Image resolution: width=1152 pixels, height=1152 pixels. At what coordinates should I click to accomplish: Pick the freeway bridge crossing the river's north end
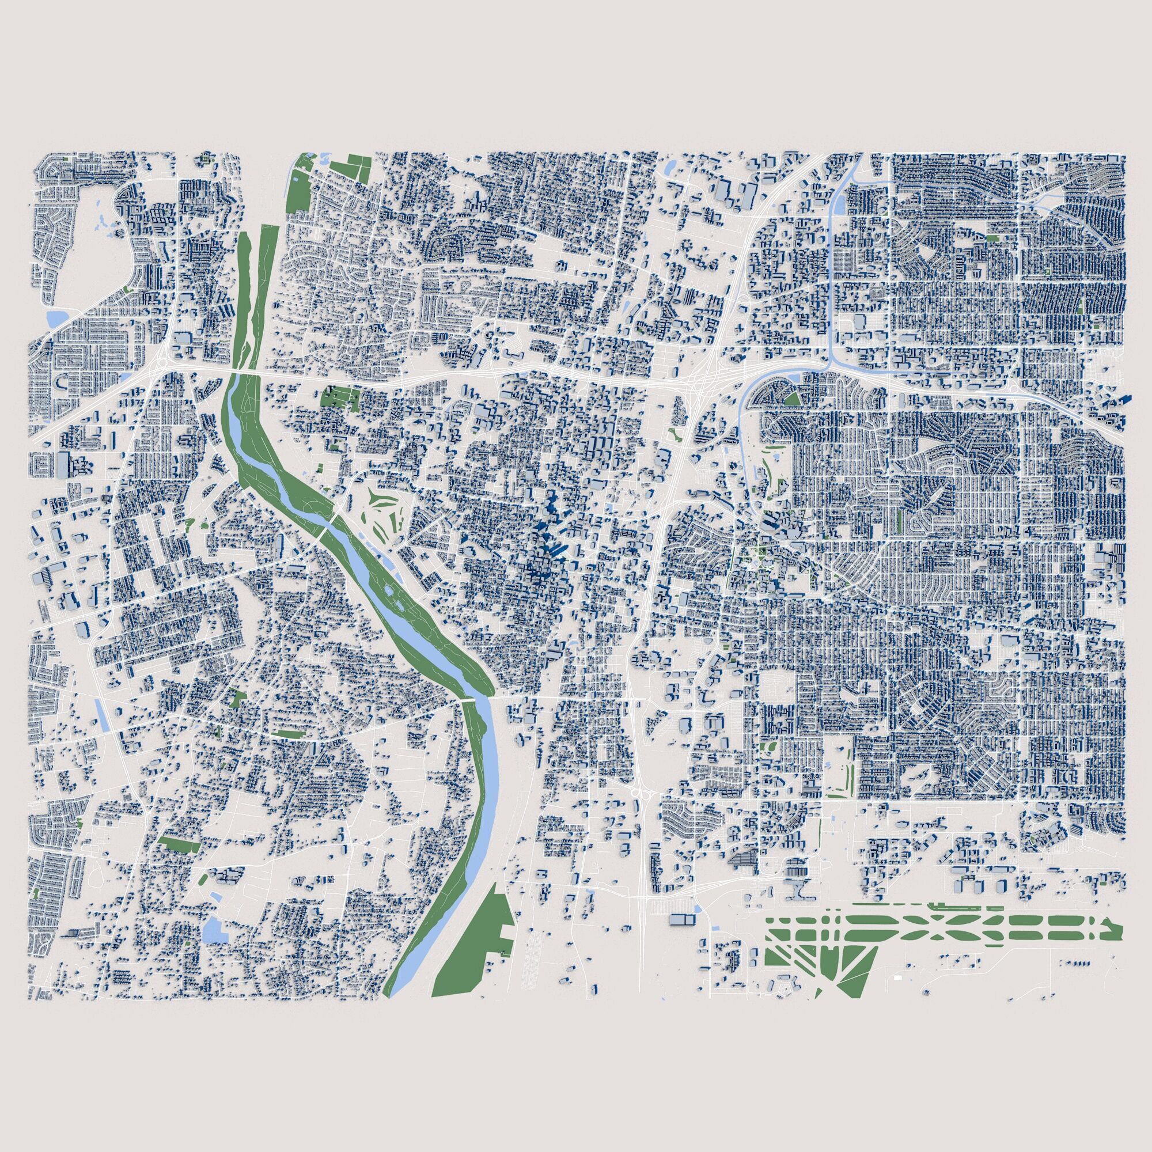[241, 373]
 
